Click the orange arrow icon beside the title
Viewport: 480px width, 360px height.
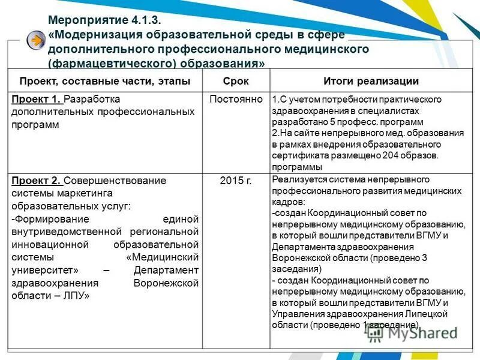(37, 40)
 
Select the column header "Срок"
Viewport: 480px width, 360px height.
(236, 81)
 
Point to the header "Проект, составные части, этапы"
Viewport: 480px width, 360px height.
(105, 81)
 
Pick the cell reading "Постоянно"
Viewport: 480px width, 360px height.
(236, 99)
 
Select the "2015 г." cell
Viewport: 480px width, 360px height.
(236, 180)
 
